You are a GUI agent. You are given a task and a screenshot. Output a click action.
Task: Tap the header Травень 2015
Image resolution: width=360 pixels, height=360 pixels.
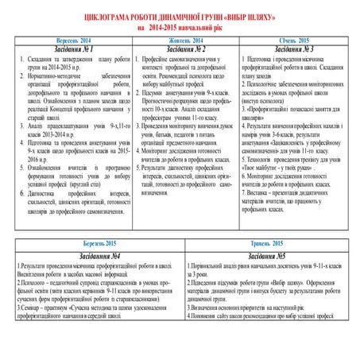coord(268,241)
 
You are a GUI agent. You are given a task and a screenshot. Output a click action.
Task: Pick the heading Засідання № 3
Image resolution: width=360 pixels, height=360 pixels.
coord(292,48)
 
